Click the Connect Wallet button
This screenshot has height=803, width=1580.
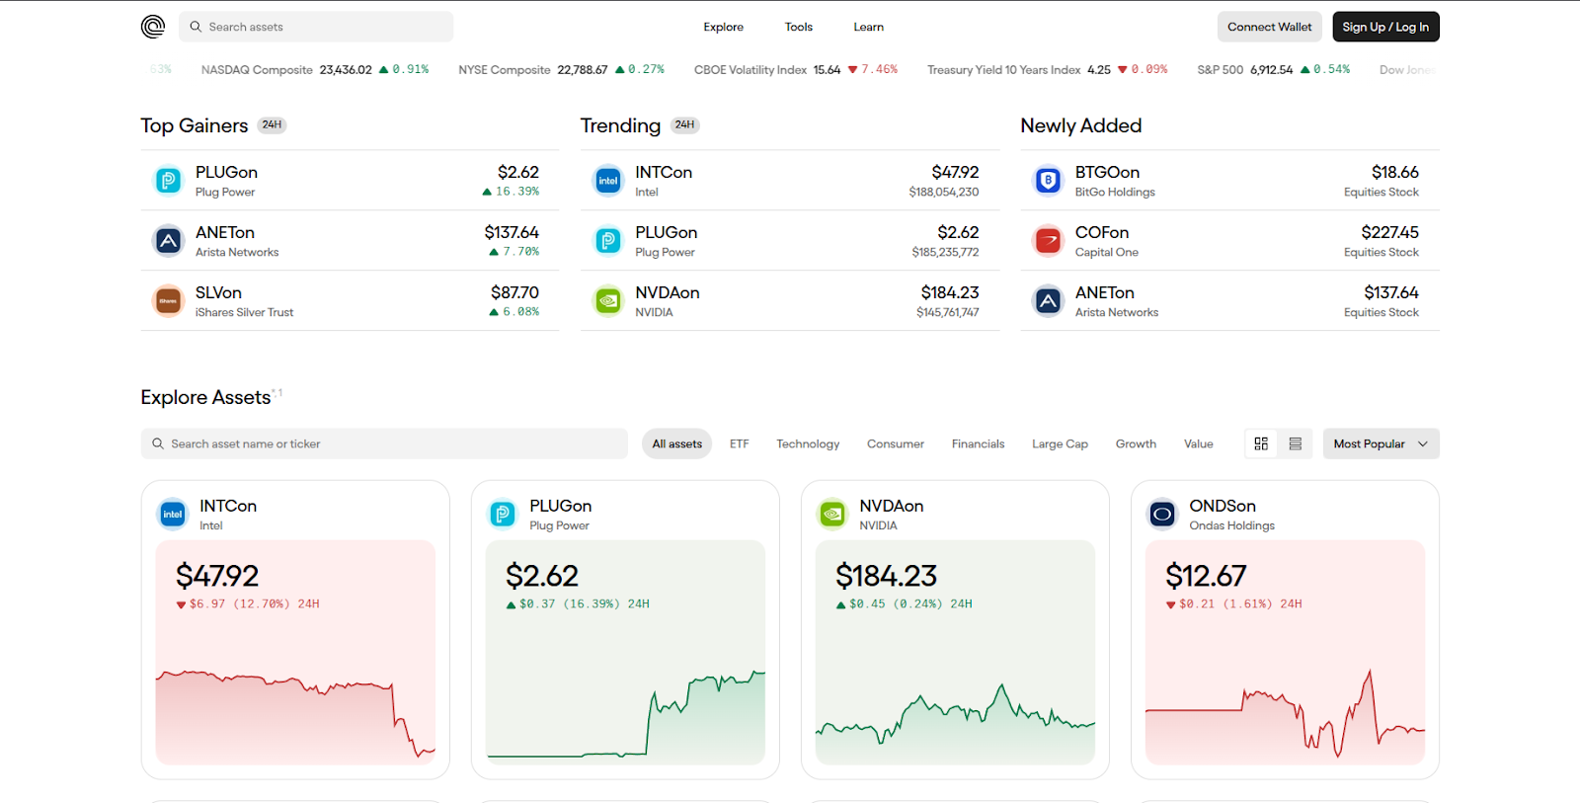coord(1269,27)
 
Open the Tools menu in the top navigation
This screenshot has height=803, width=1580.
coord(798,27)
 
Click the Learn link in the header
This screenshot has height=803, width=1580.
coord(868,27)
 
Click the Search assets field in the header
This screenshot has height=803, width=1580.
coord(316,27)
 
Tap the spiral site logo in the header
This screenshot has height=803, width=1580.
coord(153,27)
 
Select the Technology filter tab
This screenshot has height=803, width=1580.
coord(807,443)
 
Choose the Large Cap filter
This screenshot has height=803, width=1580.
coord(1060,443)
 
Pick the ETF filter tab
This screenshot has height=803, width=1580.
coord(739,443)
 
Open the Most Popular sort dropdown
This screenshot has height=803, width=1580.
coord(1381,443)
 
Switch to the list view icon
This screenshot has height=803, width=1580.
coord(1296,443)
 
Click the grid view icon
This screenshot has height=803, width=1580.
coord(1261,443)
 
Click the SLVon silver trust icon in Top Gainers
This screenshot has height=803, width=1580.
coord(168,300)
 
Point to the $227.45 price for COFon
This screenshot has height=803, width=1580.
coord(1389,232)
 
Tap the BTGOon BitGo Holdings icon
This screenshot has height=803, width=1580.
coord(1048,181)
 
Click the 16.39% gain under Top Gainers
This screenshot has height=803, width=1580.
coord(516,192)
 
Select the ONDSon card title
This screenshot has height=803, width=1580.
coord(1223,506)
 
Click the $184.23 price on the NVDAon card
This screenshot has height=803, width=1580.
coord(886,576)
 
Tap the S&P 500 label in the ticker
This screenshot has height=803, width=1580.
coord(1220,70)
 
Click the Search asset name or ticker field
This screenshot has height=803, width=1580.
coord(385,443)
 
